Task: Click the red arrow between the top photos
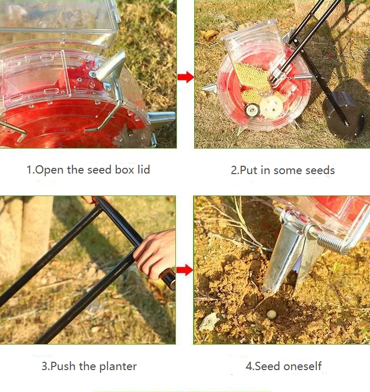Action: coord(185,78)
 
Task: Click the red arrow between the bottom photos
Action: coord(185,270)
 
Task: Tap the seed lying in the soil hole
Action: coord(271,314)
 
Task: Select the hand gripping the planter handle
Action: coord(156,253)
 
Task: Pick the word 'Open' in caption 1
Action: coord(47,170)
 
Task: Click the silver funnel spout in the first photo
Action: coord(112,68)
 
